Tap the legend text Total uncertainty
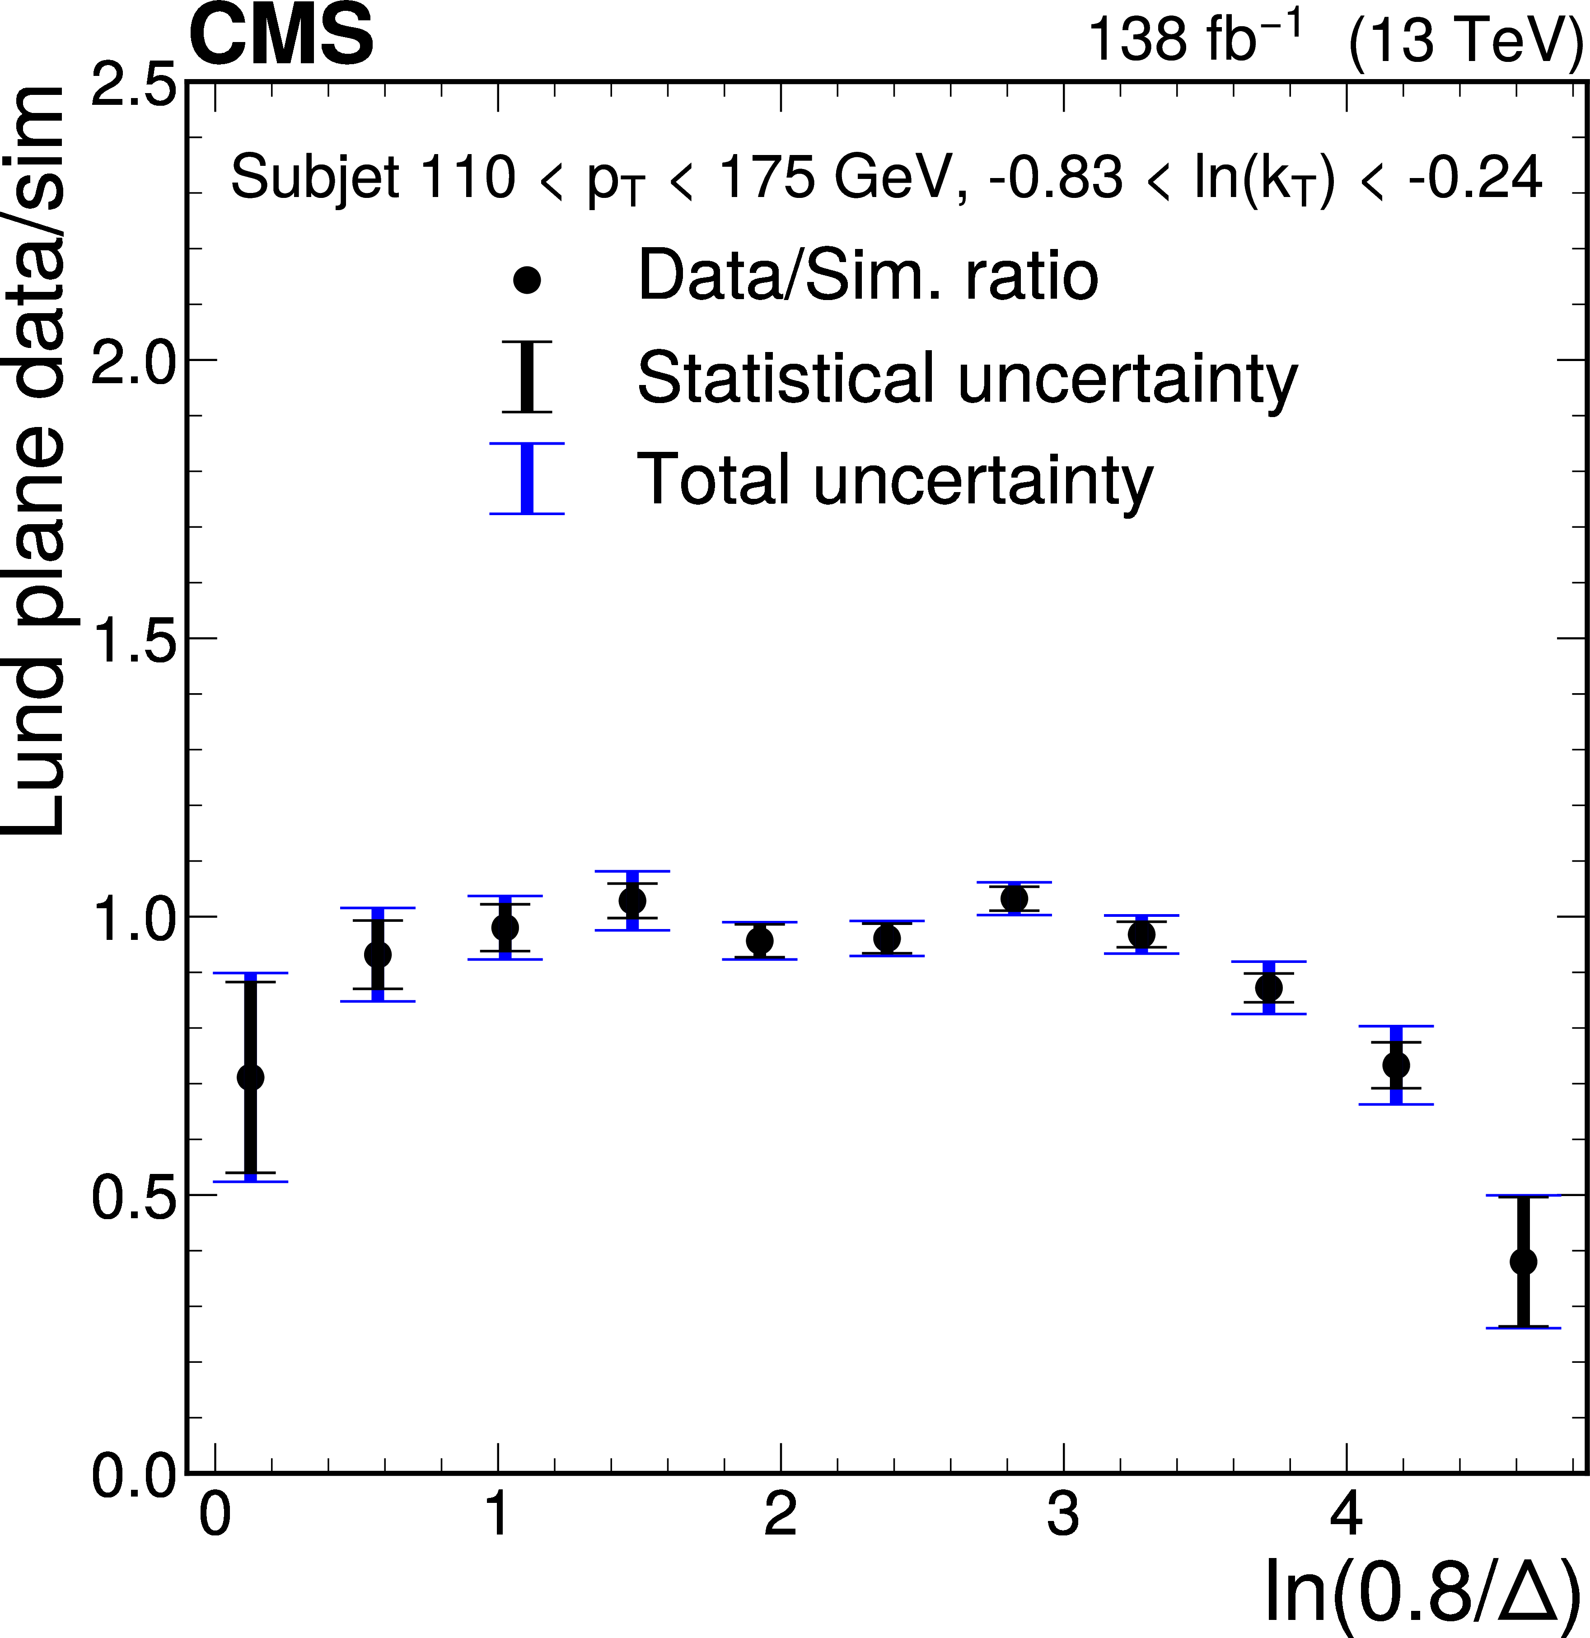(894, 480)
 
